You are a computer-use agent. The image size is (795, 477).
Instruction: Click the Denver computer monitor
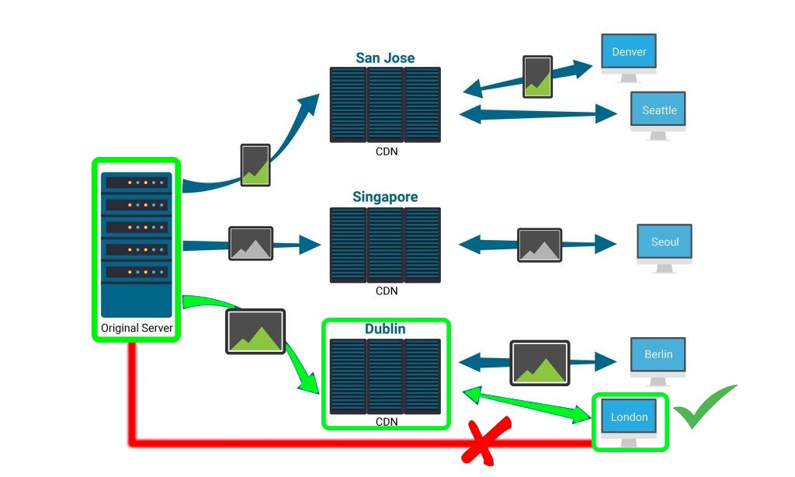tap(629, 54)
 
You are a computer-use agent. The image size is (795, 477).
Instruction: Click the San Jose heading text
tap(385, 57)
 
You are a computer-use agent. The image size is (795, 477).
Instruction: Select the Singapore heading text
tap(385, 197)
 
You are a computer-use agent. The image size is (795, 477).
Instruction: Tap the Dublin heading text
tap(385, 329)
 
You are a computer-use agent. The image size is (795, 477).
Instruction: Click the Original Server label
tap(137, 328)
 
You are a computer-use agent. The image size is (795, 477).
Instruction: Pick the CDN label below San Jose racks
tap(386, 151)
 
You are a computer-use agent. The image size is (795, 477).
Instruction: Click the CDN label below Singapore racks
tap(386, 291)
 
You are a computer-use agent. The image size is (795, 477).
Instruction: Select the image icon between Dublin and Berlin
tap(540, 363)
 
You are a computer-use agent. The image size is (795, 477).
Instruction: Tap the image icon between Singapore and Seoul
tap(540, 245)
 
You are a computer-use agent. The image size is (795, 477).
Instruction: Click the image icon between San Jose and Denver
tap(537, 76)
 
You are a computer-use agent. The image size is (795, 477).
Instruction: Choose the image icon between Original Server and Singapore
tap(251, 244)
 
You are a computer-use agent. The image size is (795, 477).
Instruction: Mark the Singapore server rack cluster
tap(385, 244)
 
